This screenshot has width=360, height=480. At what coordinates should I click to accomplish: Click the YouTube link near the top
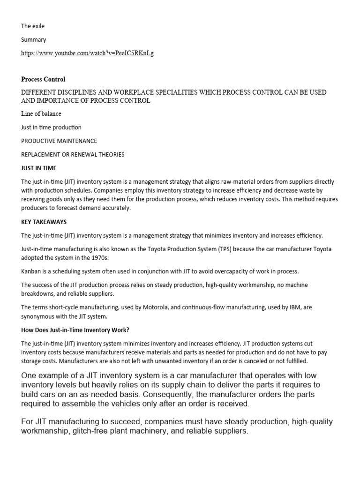(x=87, y=53)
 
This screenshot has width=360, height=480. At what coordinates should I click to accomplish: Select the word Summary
(x=34, y=40)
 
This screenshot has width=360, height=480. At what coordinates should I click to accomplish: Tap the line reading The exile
(x=33, y=26)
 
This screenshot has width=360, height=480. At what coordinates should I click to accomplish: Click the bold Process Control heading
(x=43, y=79)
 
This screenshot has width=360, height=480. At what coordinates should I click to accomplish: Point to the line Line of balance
(x=41, y=113)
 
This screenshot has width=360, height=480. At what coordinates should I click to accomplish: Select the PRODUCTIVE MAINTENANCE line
(x=59, y=141)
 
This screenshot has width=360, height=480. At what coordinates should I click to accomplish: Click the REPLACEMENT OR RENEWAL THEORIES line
(x=73, y=154)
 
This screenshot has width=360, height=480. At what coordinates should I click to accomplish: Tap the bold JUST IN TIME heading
(x=38, y=168)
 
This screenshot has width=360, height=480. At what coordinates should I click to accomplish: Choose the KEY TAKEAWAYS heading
(x=44, y=222)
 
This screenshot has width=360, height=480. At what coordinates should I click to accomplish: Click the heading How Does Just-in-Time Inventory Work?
(x=75, y=330)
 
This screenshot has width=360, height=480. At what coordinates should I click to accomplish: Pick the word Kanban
(x=31, y=271)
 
